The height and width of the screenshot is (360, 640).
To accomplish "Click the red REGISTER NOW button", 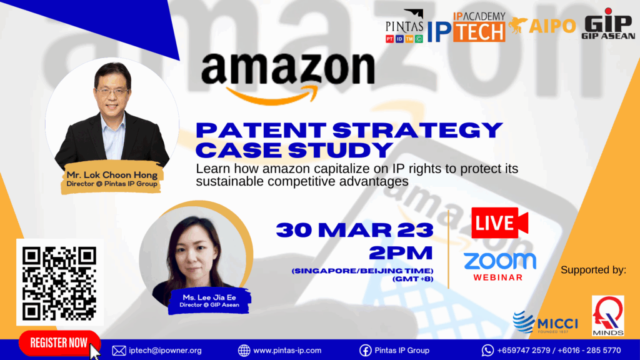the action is point(59,343).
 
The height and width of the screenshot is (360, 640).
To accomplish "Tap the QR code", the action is point(59,283).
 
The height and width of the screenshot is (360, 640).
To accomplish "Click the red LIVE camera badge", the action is point(499,223).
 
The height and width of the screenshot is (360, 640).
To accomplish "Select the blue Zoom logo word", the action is point(499,261).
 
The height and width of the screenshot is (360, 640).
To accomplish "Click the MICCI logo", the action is point(545,322).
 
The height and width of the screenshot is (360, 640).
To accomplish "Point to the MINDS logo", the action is point(607,316).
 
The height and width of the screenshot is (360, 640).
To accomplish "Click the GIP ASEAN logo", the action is point(608,24).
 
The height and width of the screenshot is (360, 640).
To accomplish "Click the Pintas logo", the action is point(404,26).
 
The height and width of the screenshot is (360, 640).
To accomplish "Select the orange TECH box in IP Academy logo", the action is point(479,31).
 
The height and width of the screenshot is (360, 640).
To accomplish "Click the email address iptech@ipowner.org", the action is point(165,351).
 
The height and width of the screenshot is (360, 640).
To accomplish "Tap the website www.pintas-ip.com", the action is point(287,351).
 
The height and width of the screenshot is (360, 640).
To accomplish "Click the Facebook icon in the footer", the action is point(365,351).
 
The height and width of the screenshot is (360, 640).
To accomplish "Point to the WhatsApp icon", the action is point(487,350).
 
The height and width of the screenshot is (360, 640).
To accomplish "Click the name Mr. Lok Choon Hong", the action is point(112,175).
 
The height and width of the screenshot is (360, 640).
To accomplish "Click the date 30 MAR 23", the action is point(355,230).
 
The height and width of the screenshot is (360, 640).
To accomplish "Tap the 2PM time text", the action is point(401,253).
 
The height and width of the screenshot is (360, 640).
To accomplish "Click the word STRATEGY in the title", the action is point(417,131).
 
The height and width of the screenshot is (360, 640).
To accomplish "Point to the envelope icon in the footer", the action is point(119,351).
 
